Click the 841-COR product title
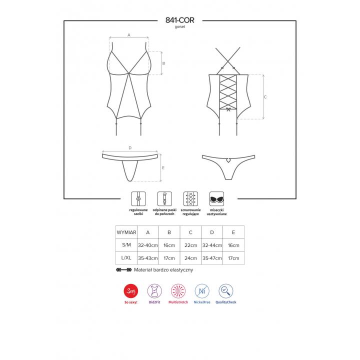pyautogui.click(x=180, y=20)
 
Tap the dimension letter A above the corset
pyautogui.click(x=129, y=35)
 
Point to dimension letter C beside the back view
pyautogui.click(x=265, y=97)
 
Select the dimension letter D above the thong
pyautogui.click(x=130, y=148)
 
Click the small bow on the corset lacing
pyautogui.click(x=228, y=109)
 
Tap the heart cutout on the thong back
pyautogui.click(x=228, y=160)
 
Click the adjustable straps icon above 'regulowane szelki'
pyautogui.click(x=138, y=199)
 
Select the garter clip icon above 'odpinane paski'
pyautogui.click(x=164, y=199)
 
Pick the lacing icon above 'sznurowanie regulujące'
pyautogui.click(x=190, y=199)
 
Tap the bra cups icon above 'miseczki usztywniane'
pyautogui.click(x=216, y=199)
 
